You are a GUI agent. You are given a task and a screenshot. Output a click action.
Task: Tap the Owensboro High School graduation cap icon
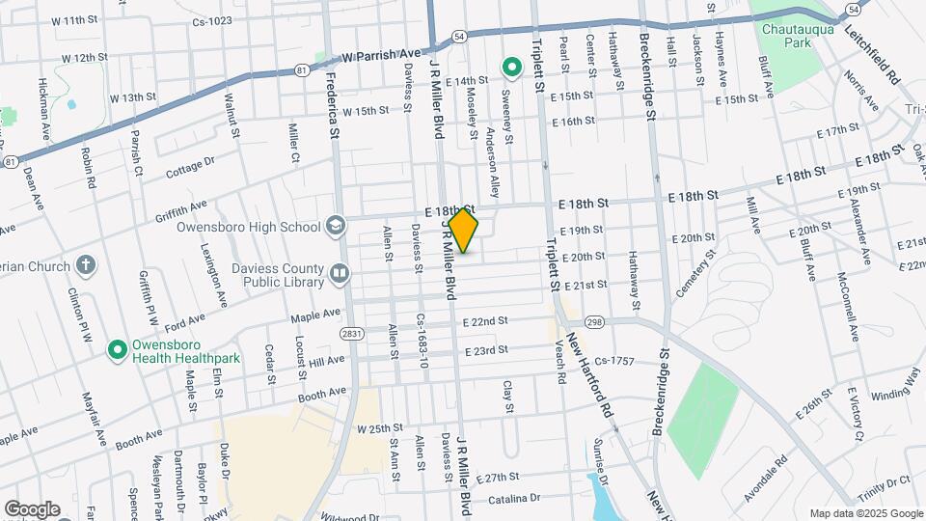(x=335, y=227)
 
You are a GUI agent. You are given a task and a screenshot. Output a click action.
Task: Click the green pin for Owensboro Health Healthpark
(x=119, y=348)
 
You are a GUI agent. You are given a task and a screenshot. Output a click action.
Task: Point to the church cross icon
(x=86, y=265)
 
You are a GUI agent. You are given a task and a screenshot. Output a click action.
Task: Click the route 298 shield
(x=593, y=321)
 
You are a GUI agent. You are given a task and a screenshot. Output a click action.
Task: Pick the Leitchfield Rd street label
(x=871, y=57)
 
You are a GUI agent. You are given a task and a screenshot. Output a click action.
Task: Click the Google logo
(x=32, y=508)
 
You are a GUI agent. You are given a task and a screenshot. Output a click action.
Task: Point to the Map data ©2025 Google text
(x=865, y=513)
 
